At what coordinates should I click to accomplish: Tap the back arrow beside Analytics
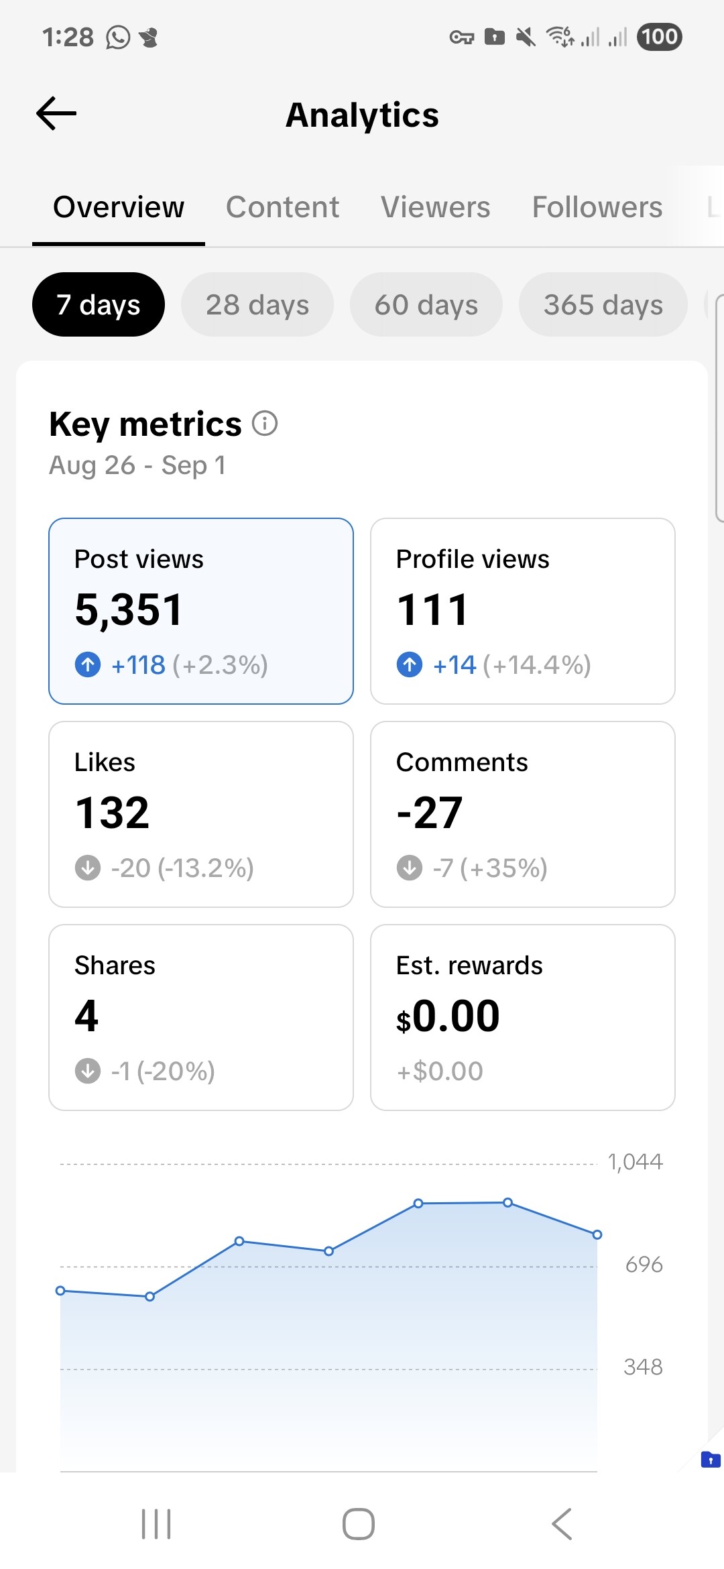tap(56, 113)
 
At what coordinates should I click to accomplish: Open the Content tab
tap(282, 207)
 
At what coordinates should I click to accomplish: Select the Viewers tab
tap(435, 207)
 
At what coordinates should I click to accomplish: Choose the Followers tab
tap(597, 207)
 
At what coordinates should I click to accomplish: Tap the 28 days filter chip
tap(257, 305)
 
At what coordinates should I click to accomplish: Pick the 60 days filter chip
tap(426, 305)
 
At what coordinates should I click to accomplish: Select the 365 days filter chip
tap(603, 305)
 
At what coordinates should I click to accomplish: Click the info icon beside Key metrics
tap(265, 424)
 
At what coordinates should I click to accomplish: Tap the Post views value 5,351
tap(129, 610)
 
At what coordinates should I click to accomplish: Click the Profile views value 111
tap(432, 610)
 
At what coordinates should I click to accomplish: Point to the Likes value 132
tap(112, 813)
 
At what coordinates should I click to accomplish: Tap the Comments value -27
tap(430, 813)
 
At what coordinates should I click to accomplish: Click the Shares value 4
tap(86, 1016)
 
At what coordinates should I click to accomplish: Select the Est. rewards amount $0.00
tap(448, 1016)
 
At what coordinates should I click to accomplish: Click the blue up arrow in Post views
tap(88, 665)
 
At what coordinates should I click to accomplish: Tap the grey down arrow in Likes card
tap(88, 868)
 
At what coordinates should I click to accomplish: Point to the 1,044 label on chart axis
tap(635, 1162)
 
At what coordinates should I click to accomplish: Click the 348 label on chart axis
tap(643, 1367)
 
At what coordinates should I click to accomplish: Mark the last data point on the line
tap(597, 1234)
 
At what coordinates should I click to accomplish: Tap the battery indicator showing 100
tap(660, 37)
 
